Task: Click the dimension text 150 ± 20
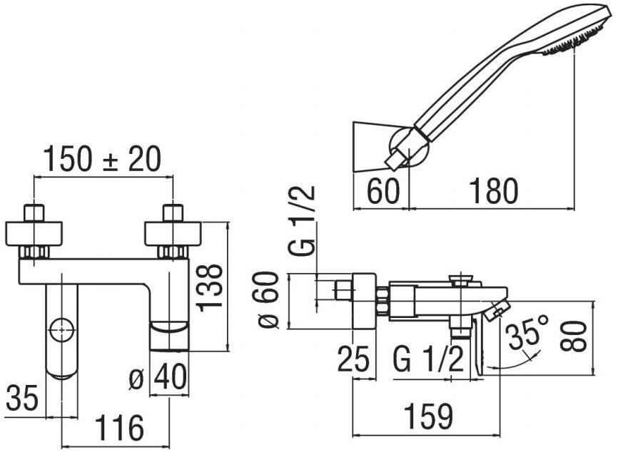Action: point(102,158)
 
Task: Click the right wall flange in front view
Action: point(173,233)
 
